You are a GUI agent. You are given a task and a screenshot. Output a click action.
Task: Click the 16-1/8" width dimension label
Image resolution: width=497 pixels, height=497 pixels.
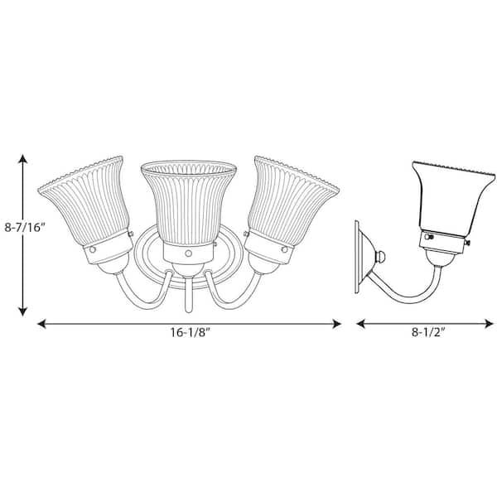(191, 332)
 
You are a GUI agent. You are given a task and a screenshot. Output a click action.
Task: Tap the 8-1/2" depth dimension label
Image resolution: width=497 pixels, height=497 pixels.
(428, 332)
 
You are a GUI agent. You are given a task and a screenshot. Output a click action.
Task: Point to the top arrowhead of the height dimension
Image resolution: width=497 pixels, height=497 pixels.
(22, 158)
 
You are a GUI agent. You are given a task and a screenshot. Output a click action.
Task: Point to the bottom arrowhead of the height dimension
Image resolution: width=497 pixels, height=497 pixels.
(22, 311)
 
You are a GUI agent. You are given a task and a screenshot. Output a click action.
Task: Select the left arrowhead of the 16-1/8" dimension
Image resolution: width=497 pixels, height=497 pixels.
(42, 324)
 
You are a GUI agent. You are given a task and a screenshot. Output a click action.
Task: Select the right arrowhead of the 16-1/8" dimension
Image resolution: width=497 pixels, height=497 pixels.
(336, 324)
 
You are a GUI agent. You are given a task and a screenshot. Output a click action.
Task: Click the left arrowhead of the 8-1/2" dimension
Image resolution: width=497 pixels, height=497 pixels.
(360, 324)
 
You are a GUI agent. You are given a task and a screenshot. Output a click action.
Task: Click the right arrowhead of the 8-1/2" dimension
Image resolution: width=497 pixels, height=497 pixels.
(490, 324)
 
